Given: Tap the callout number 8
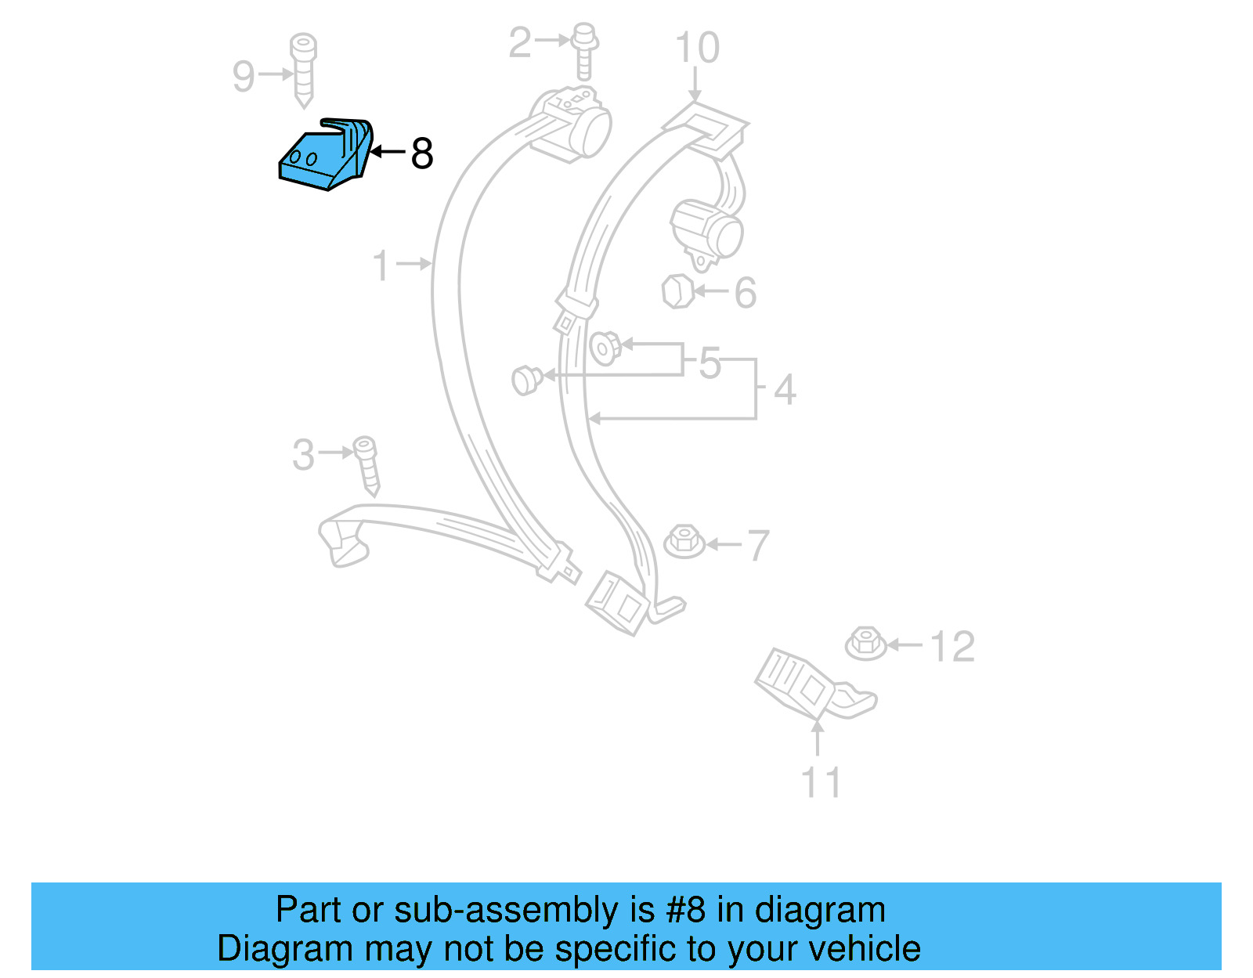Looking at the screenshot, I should tap(422, 153).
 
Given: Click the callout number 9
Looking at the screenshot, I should tap(244, 76).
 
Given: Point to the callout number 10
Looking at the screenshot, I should tap(697, 49).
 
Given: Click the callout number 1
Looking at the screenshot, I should tap(381, 265).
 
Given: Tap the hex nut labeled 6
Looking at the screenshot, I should tap(677, 291).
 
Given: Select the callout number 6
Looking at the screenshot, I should tap(745, 293).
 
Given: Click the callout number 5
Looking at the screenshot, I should tap(710, 363).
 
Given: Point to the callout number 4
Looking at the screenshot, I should tap(785, 389).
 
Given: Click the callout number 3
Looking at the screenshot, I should tap(303, 455).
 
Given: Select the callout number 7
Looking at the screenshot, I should tap(758, 546).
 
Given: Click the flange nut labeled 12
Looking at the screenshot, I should tap(865, 643).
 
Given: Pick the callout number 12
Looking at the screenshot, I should tap(952, 647).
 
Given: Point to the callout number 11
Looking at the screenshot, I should tap(821, 782).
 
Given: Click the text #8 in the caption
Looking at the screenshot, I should tap(685, 910).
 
